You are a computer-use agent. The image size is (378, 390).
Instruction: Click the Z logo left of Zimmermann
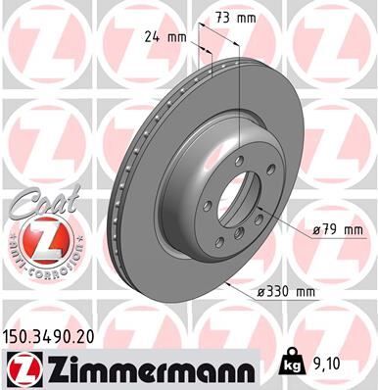tap(21, 368)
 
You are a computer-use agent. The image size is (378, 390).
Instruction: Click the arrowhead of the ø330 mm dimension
tap(228, 284)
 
